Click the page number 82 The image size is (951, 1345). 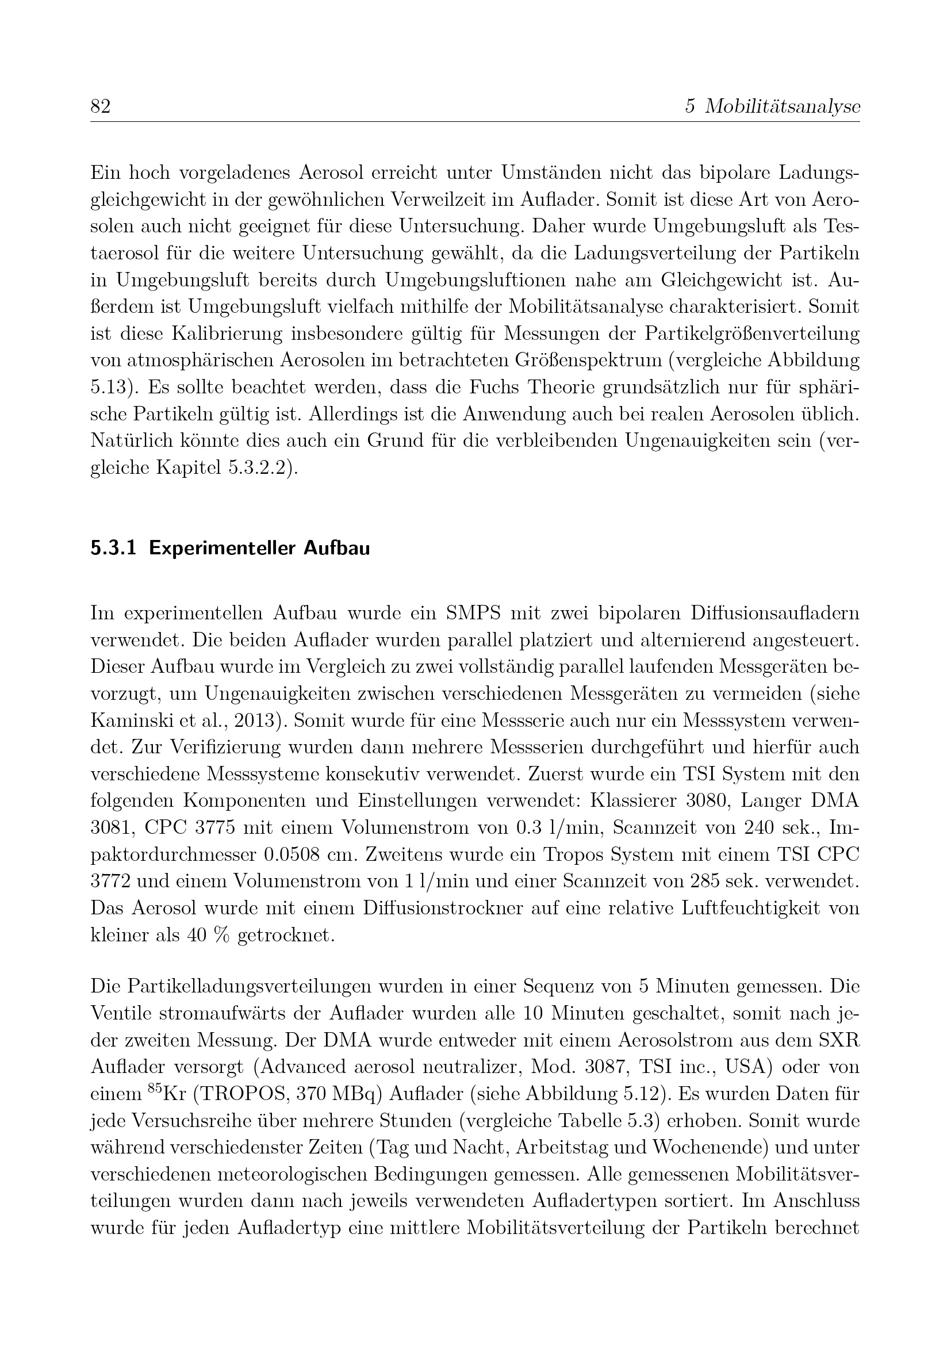101,106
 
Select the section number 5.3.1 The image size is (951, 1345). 113,549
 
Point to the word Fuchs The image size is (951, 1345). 556,387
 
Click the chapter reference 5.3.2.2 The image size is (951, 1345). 257,468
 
